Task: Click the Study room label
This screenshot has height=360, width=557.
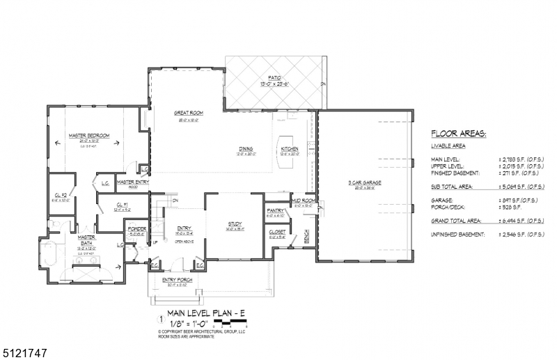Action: point(234,224)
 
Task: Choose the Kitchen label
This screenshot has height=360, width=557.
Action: point(290,149)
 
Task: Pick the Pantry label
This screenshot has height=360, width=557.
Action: point(276,210)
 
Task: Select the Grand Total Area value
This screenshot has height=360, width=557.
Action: point(521,220)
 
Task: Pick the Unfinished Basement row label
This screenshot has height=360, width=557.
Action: point(457,235)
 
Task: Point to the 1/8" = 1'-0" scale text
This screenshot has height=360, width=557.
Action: point(189,324)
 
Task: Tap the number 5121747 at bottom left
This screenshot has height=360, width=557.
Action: point(24,353)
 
